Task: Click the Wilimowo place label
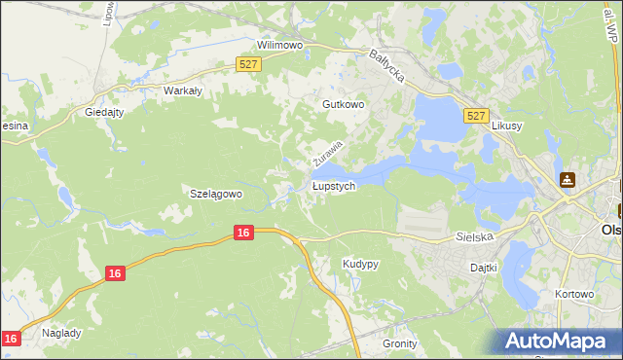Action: (280, 45)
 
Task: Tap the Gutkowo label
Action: (343, 103)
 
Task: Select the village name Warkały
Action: (183, 90)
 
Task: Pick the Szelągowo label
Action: (215, 194)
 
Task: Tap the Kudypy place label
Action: (360, 264)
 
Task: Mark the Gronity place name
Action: (399, 343)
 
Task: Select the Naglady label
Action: (61, 332)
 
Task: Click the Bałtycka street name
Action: (386, 66)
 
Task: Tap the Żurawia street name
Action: (328, 151)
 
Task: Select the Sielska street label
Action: (476, 236)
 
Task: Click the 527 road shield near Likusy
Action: (475, 115)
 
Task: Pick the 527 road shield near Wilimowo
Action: (249, 64)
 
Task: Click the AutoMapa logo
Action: (558, 342)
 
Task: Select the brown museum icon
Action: (568, 180)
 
